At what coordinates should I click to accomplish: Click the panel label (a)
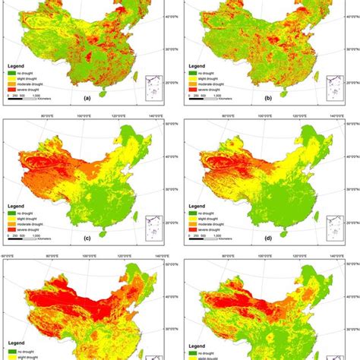(90, 97)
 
